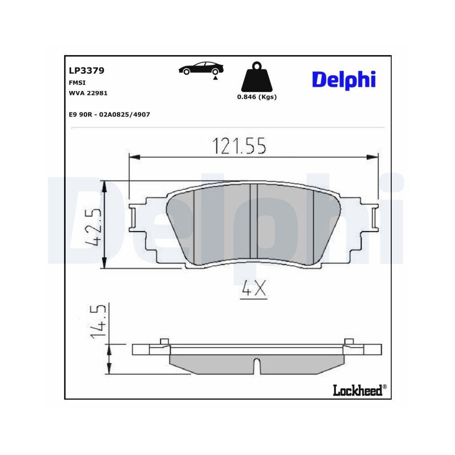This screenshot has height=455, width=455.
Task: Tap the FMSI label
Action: point(75,83)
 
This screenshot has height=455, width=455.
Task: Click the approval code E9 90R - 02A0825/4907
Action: point(109,115)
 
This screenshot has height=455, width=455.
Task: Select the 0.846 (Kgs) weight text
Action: point(257,97)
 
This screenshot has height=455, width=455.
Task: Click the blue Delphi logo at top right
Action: point(344,79)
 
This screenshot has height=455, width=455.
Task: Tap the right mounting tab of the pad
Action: point(374,218)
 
